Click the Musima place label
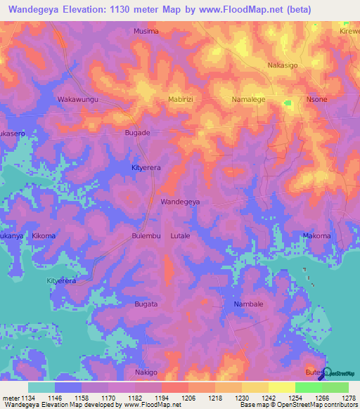[x=146, y=32]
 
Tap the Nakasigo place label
[x=283, y=65]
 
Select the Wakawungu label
[x=77, y=100]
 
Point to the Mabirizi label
[x=181, y=100]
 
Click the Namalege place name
[x=248, y=100]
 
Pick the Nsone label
[x=316, y=100]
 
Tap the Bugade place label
[x=137, y=133]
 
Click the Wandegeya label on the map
[x=181, y=202]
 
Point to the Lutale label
[x=181, y=236]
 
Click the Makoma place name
[x=316, y=236]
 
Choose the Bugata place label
[x=146, y=304]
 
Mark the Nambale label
[x=248, y=304]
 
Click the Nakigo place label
[x=146, y=372]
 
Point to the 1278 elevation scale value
[x=349, y=397]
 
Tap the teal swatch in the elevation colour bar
[x=41, y=387]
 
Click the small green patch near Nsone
[x=287, y=103]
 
